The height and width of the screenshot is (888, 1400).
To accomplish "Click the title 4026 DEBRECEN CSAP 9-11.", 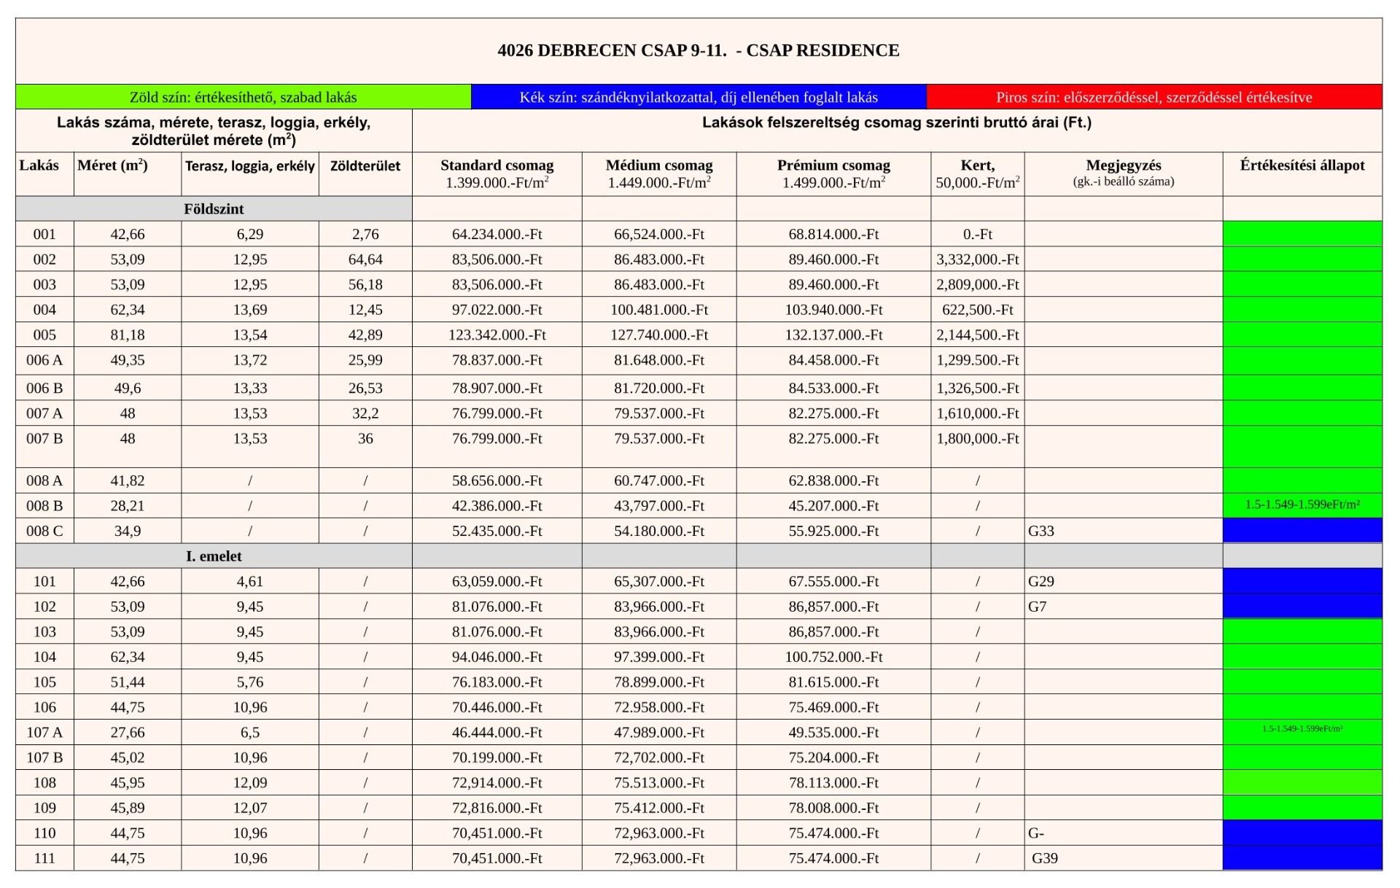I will click(698, 50).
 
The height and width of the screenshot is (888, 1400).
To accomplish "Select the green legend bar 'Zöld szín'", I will click(243, 97).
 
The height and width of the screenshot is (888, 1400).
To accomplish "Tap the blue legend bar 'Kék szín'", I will click(698, 97).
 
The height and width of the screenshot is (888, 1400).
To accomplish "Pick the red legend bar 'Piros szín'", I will click(1154, 97).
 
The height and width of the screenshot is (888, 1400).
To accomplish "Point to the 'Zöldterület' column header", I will click(365, 166).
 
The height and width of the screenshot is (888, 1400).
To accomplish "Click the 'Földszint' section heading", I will click(214, 209).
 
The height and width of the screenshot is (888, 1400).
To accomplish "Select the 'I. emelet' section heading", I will click(214, 556).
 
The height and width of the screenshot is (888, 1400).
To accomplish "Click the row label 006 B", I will click(44, 388).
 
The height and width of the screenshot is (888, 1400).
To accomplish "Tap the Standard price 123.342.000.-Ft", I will click(497, 335).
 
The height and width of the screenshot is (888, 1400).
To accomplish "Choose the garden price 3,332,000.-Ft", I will click(977, 260).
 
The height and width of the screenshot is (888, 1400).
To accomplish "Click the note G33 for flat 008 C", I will click(1041, 531).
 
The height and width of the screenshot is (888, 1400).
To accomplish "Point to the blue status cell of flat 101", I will click(1302, 581).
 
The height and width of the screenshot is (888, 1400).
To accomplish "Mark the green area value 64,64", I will click(365, 260).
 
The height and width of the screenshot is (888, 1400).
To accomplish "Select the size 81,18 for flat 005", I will click(128, 335).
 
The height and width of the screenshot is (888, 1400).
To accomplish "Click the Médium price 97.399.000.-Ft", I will click(658, 657).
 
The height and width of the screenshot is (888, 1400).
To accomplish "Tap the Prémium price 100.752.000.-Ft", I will click(833, 657).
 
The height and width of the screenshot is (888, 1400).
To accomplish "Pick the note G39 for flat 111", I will click(1044, 858).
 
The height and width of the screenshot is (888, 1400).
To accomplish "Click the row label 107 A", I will click(44, 732).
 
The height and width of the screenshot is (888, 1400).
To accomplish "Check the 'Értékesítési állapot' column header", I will click(1302, 165).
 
